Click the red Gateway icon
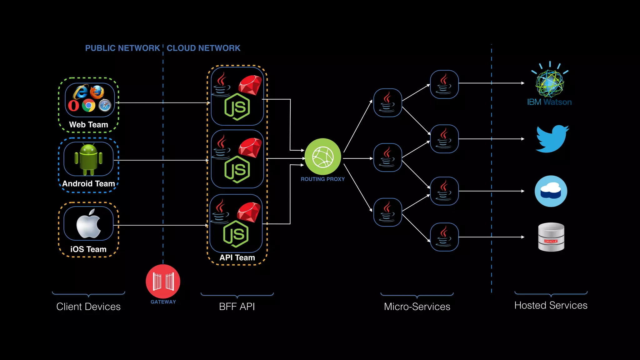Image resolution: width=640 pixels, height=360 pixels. tap(163, 281)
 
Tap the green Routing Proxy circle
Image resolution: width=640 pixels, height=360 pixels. tap(323, 157)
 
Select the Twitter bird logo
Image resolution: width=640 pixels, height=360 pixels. tap(552, 139)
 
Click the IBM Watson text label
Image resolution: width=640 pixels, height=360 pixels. tap(549, 102)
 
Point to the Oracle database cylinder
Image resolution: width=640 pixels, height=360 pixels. tap(551, 237)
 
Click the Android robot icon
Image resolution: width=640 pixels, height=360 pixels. tap(88, 159)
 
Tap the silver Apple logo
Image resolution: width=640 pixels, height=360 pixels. tap(88, 224)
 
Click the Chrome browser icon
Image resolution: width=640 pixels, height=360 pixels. tap(89, 106)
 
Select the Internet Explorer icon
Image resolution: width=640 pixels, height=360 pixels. tap(80, 92)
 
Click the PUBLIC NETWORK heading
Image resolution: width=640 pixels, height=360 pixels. tap(122, 48)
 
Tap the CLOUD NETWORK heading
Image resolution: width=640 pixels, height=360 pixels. tap(203, 48)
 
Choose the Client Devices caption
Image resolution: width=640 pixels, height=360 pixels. tap(88, 307)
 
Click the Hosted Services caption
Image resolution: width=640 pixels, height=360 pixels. tap(551, 305)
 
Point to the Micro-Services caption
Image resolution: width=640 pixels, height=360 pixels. tap(417, 307)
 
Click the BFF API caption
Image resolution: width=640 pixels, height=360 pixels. tap(237, 307)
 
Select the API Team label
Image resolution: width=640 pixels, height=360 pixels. tap(237, 257)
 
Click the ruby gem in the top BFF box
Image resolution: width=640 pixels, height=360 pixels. tap(250, 85)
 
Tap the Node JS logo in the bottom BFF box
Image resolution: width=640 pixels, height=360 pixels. tap(236, 234)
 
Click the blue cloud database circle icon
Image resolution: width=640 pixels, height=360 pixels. tap(551, 191)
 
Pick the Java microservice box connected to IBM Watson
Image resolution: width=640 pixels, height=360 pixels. tap(444, 84)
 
